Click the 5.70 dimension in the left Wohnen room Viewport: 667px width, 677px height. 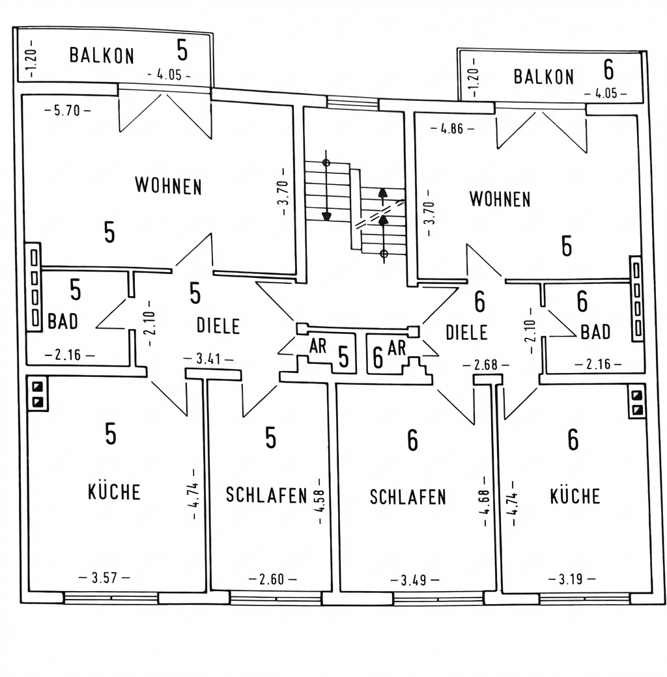[x=68, y=111]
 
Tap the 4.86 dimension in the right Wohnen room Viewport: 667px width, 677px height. [x=452, y=129]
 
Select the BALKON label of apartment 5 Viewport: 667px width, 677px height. [x=102, y=55]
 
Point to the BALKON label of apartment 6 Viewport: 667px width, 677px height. [x=544, y=77]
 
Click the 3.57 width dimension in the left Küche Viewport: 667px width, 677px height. [x=104, y=577]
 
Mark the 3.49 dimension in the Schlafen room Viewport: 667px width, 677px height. [x=415, y=580]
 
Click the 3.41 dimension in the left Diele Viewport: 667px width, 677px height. [x=208, y=359]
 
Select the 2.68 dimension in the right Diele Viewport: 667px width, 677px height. [x=484, y=365]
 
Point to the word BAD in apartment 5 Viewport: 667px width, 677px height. [x=63, y=322]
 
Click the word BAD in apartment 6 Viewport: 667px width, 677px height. [x=595, y=333]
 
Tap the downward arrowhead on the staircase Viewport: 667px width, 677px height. [x=326, y=215]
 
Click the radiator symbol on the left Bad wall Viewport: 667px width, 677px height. [x=33, y=287]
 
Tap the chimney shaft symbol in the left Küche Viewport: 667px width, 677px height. [x=36, y=394]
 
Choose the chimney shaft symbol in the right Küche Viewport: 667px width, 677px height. [x=637, y=402]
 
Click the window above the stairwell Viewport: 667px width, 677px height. [x=352, y=103]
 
